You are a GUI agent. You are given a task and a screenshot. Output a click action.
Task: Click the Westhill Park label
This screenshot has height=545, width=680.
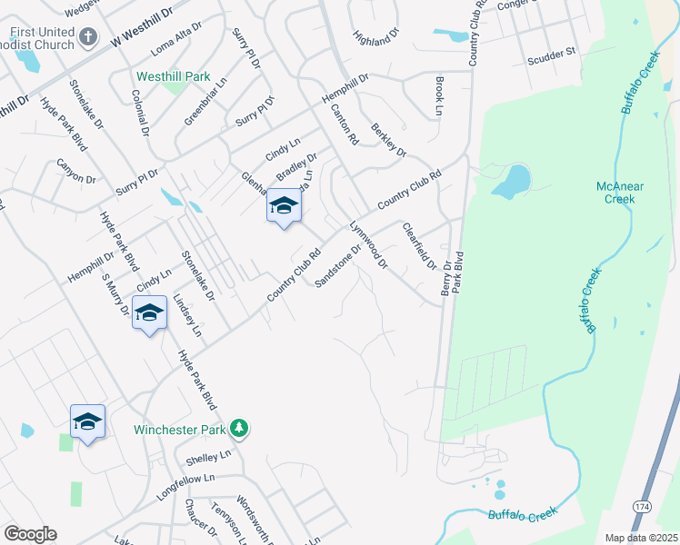tap(173, 77)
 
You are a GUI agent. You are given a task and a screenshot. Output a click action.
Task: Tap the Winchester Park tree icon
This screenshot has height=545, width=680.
tap(239, 427)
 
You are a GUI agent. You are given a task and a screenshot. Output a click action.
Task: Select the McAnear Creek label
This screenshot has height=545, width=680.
tap(620, 193)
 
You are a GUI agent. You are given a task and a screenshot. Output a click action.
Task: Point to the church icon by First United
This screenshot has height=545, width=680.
tap(88, 37)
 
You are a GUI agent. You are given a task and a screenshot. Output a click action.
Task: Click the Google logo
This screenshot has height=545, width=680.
tap(30, 534)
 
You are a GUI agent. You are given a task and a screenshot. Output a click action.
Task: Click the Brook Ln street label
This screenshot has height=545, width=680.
tap(439, 95)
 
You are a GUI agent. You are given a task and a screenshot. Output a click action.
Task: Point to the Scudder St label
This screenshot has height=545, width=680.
tap(552, 57)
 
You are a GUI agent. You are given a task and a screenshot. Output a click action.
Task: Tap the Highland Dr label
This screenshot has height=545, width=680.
tap(376, 38)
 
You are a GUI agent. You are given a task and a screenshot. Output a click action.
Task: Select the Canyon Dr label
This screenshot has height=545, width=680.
tap(75, 172)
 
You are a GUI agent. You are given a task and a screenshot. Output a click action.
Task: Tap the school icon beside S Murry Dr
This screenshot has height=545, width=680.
tap(149, 314)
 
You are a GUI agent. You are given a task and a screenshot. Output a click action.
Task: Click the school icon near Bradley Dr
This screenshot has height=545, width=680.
tap(284, 208)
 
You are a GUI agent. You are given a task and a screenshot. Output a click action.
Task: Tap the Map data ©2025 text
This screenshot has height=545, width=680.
tap(641, 538)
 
